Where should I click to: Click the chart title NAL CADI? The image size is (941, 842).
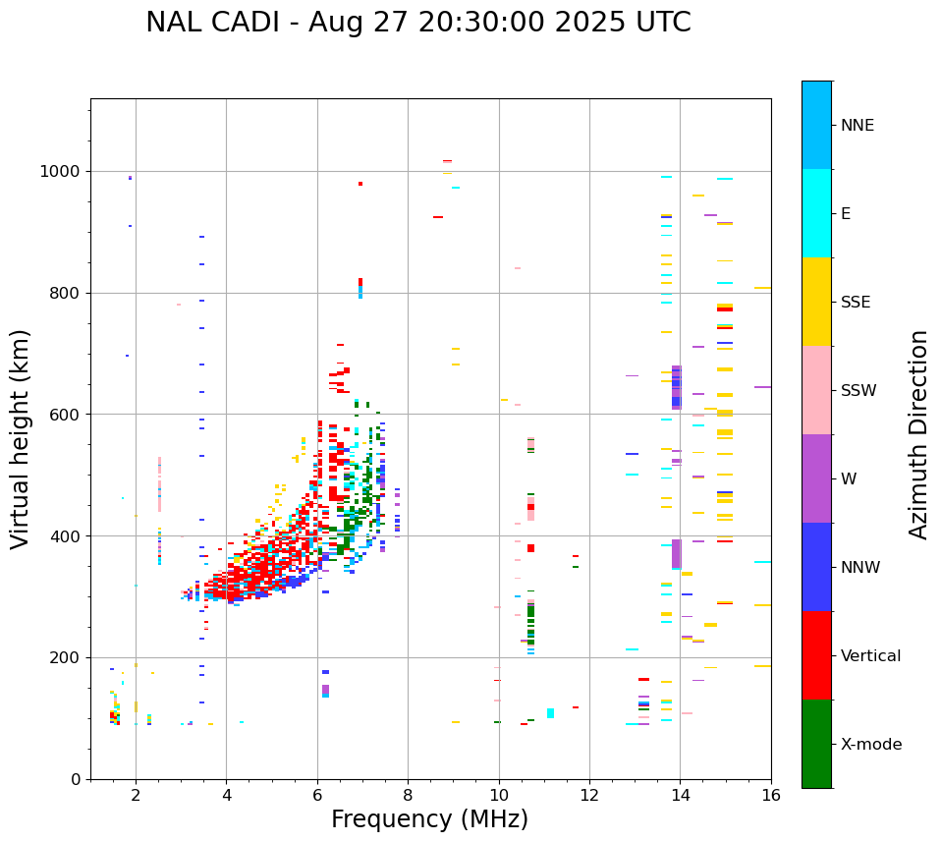417,23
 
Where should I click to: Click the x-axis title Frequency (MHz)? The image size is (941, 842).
429,819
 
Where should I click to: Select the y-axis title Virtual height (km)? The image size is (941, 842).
21,439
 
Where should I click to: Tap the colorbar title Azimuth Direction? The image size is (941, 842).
918,434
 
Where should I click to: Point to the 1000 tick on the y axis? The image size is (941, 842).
62,171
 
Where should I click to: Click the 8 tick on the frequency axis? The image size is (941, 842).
409,795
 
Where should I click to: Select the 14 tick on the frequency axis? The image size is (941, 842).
681,795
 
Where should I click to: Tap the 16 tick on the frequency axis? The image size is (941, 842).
771,795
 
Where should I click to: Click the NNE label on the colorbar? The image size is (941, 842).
858,126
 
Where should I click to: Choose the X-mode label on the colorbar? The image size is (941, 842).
871,745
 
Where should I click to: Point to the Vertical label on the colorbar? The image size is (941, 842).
870,656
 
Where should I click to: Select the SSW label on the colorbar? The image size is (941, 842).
858,391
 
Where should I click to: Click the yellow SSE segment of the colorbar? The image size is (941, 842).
816,302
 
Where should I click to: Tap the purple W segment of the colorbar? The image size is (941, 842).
816,478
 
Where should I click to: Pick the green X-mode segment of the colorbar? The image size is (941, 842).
816,744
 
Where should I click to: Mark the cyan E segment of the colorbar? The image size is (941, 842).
816,213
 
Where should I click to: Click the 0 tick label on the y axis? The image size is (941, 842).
77,779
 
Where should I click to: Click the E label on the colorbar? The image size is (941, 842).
846,214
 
